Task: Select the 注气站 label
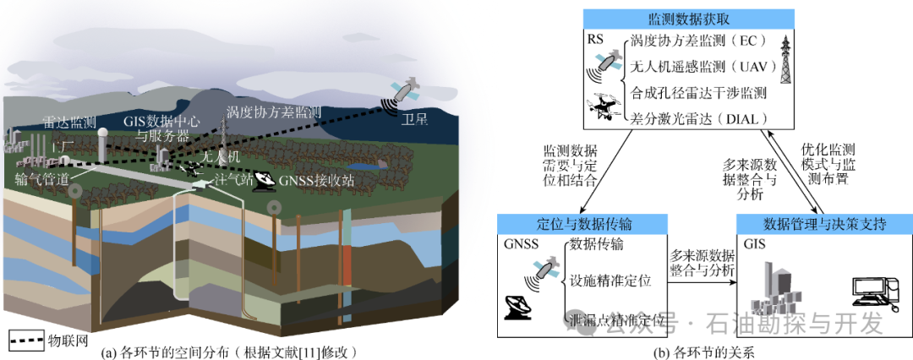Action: [233, 179]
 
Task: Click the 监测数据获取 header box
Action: [689, 18]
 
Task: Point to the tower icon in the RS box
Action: [785, 59]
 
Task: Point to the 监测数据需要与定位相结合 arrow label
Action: [571, 165]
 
